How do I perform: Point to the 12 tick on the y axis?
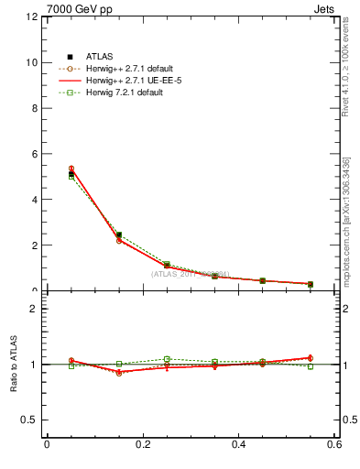pos(32,17)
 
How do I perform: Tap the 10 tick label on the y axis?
pos(32,63)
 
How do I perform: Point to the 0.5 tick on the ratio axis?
pos(29,420)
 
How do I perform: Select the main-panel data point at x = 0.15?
pos(119,235)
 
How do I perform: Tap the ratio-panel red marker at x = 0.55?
pos(311,358)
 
